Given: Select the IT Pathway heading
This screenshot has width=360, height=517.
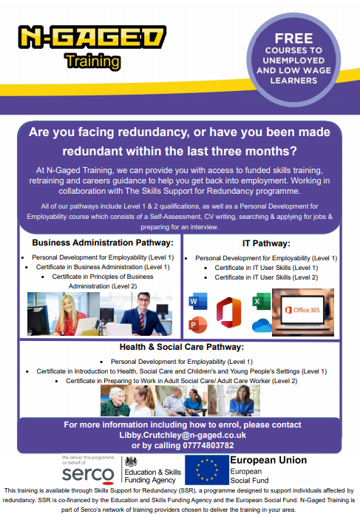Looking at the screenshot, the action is tap(265, 242).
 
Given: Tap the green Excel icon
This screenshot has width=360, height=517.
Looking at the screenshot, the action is tap(259, 301).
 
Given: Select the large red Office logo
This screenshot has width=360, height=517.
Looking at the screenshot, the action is tap(229, 311).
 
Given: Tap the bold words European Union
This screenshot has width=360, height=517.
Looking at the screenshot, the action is tap(269, 460).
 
